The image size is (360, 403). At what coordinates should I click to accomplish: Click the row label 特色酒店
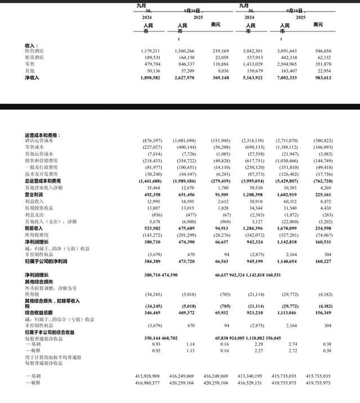(34, 51)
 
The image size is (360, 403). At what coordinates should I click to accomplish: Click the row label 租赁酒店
(34, 57)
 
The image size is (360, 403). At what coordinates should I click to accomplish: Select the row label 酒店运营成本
(38, 140)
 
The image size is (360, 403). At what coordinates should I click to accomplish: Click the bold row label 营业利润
(35, 195)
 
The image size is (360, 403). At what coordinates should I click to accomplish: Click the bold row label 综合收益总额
(39, 312)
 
